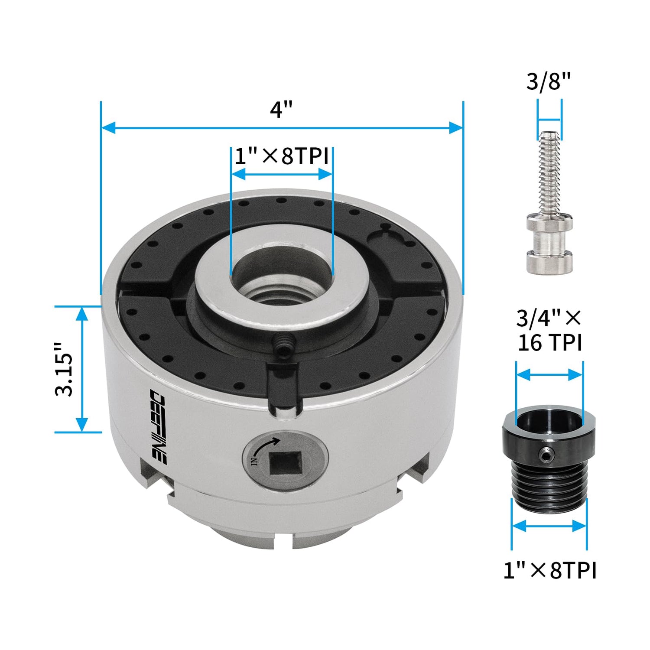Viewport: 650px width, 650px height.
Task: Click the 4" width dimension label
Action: tap(281, 109)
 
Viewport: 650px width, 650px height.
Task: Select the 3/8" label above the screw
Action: tap(549, 81)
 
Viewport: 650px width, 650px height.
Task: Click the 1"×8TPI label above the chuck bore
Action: tap(281, 156)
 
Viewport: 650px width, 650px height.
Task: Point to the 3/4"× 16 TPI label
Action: tap(549, 330)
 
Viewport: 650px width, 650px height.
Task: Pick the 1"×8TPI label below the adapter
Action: tap(549, 570)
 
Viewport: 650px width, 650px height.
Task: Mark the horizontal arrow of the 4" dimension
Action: tap(282, 127)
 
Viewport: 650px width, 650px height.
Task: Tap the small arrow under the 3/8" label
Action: tap(549, 120)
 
